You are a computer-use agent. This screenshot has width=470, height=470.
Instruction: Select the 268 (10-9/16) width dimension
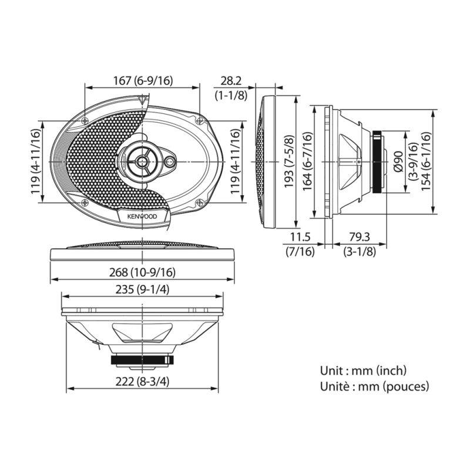pos(143,272)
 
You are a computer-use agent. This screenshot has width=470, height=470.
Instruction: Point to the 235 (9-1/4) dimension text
pos(143,289)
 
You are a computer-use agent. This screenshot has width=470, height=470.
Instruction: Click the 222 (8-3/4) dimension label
pos(143,381)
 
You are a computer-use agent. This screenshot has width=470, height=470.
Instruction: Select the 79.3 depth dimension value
pos(360,238)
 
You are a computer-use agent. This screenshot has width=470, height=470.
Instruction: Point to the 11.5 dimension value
pos(300,238)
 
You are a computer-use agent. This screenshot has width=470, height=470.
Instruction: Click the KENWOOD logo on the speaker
pos(143,216)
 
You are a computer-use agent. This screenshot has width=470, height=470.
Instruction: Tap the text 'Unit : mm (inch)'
pos(363,371)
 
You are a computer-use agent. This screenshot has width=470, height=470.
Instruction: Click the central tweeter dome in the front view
pos(142,160)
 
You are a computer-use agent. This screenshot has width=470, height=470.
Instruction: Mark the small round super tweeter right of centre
pos(170,162)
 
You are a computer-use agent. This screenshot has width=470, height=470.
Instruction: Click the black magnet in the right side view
pos(377,161)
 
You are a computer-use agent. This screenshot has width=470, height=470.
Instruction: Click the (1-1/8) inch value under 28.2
pos(230,95)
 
